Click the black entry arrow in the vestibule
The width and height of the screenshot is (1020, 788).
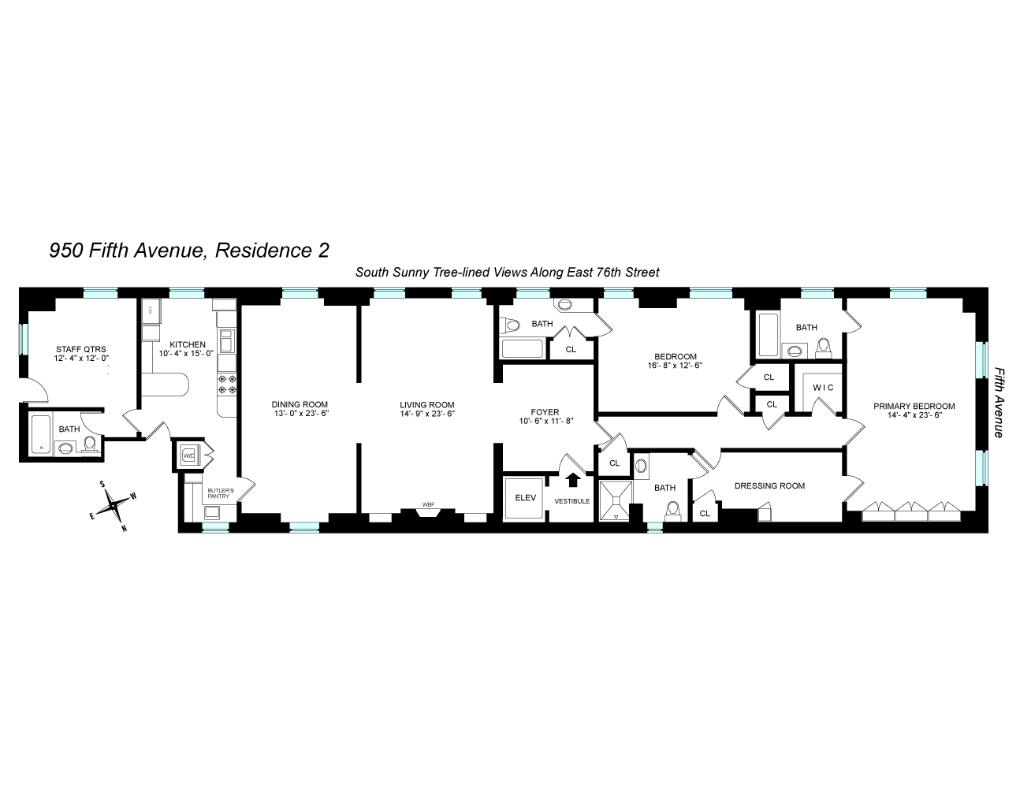pyautogui.click(x=572, y=478)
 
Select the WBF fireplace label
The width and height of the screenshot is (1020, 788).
pyautogui.click(x=428, y=504)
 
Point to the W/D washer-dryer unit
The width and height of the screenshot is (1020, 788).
pyautogui.click(x=188, y=455)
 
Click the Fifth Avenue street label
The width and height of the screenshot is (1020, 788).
pyautogui.click(x=999, y=402)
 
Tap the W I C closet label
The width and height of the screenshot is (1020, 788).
pyautogui.click(x=818, y=388)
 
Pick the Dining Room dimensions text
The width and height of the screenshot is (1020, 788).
pyautogui.click(x=300, y=414)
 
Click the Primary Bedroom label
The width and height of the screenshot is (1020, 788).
pyautogui.click(x=914, y=407)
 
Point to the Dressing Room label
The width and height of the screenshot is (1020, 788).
pyautogui.click(x=769, y=486)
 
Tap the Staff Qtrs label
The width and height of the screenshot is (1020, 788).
pyautogui.click(x=80, y=349)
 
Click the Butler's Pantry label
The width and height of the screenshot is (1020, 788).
pyautogui.click(x=218, y=494)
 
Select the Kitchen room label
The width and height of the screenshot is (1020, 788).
pyautogui.click(x=187, y=344)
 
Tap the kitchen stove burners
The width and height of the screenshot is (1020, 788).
pyautogui.click(x=228, y=384)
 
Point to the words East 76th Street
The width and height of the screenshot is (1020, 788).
pyautogui.click(x=613, y=273)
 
